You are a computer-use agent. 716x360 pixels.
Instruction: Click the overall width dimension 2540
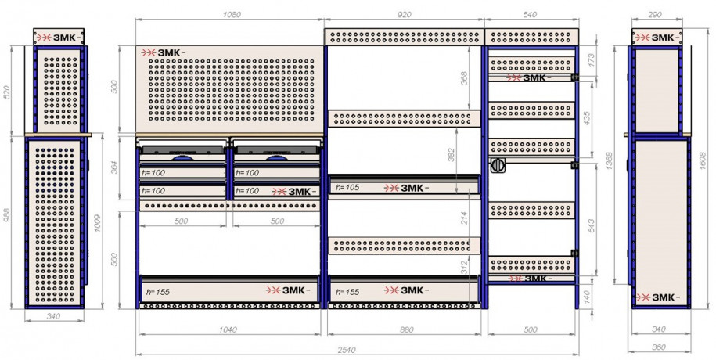tap(347, 351)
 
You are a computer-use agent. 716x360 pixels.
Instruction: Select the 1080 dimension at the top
tap(232, 15)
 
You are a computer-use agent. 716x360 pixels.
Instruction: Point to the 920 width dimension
tap(405, 15)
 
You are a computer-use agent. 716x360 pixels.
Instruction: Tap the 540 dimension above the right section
tap(529, 15)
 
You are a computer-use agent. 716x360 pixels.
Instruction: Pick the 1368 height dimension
tap(611, 160)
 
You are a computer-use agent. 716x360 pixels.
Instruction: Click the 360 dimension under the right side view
tap(658, 347)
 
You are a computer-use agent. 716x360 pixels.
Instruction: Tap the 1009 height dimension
tap(98, 223)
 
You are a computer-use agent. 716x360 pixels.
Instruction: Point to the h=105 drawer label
tap(347, 187)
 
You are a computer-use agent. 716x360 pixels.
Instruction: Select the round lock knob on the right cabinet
tap(498, 165)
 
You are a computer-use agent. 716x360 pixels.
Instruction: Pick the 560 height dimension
tap(114, 259)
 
